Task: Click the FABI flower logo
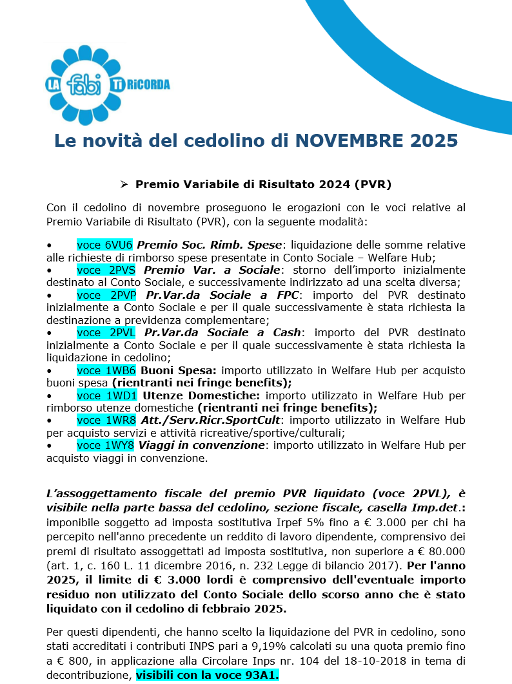(x=84, y=84)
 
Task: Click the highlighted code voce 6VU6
(x=104, y=245)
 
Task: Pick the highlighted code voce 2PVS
(x=106, y=270)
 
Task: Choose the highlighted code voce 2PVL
(x=106, y=332)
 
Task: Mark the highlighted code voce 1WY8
(x=105, y=445)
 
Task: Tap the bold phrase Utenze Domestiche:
(x=201, y=395)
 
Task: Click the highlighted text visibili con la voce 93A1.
(x=208, y=674)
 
